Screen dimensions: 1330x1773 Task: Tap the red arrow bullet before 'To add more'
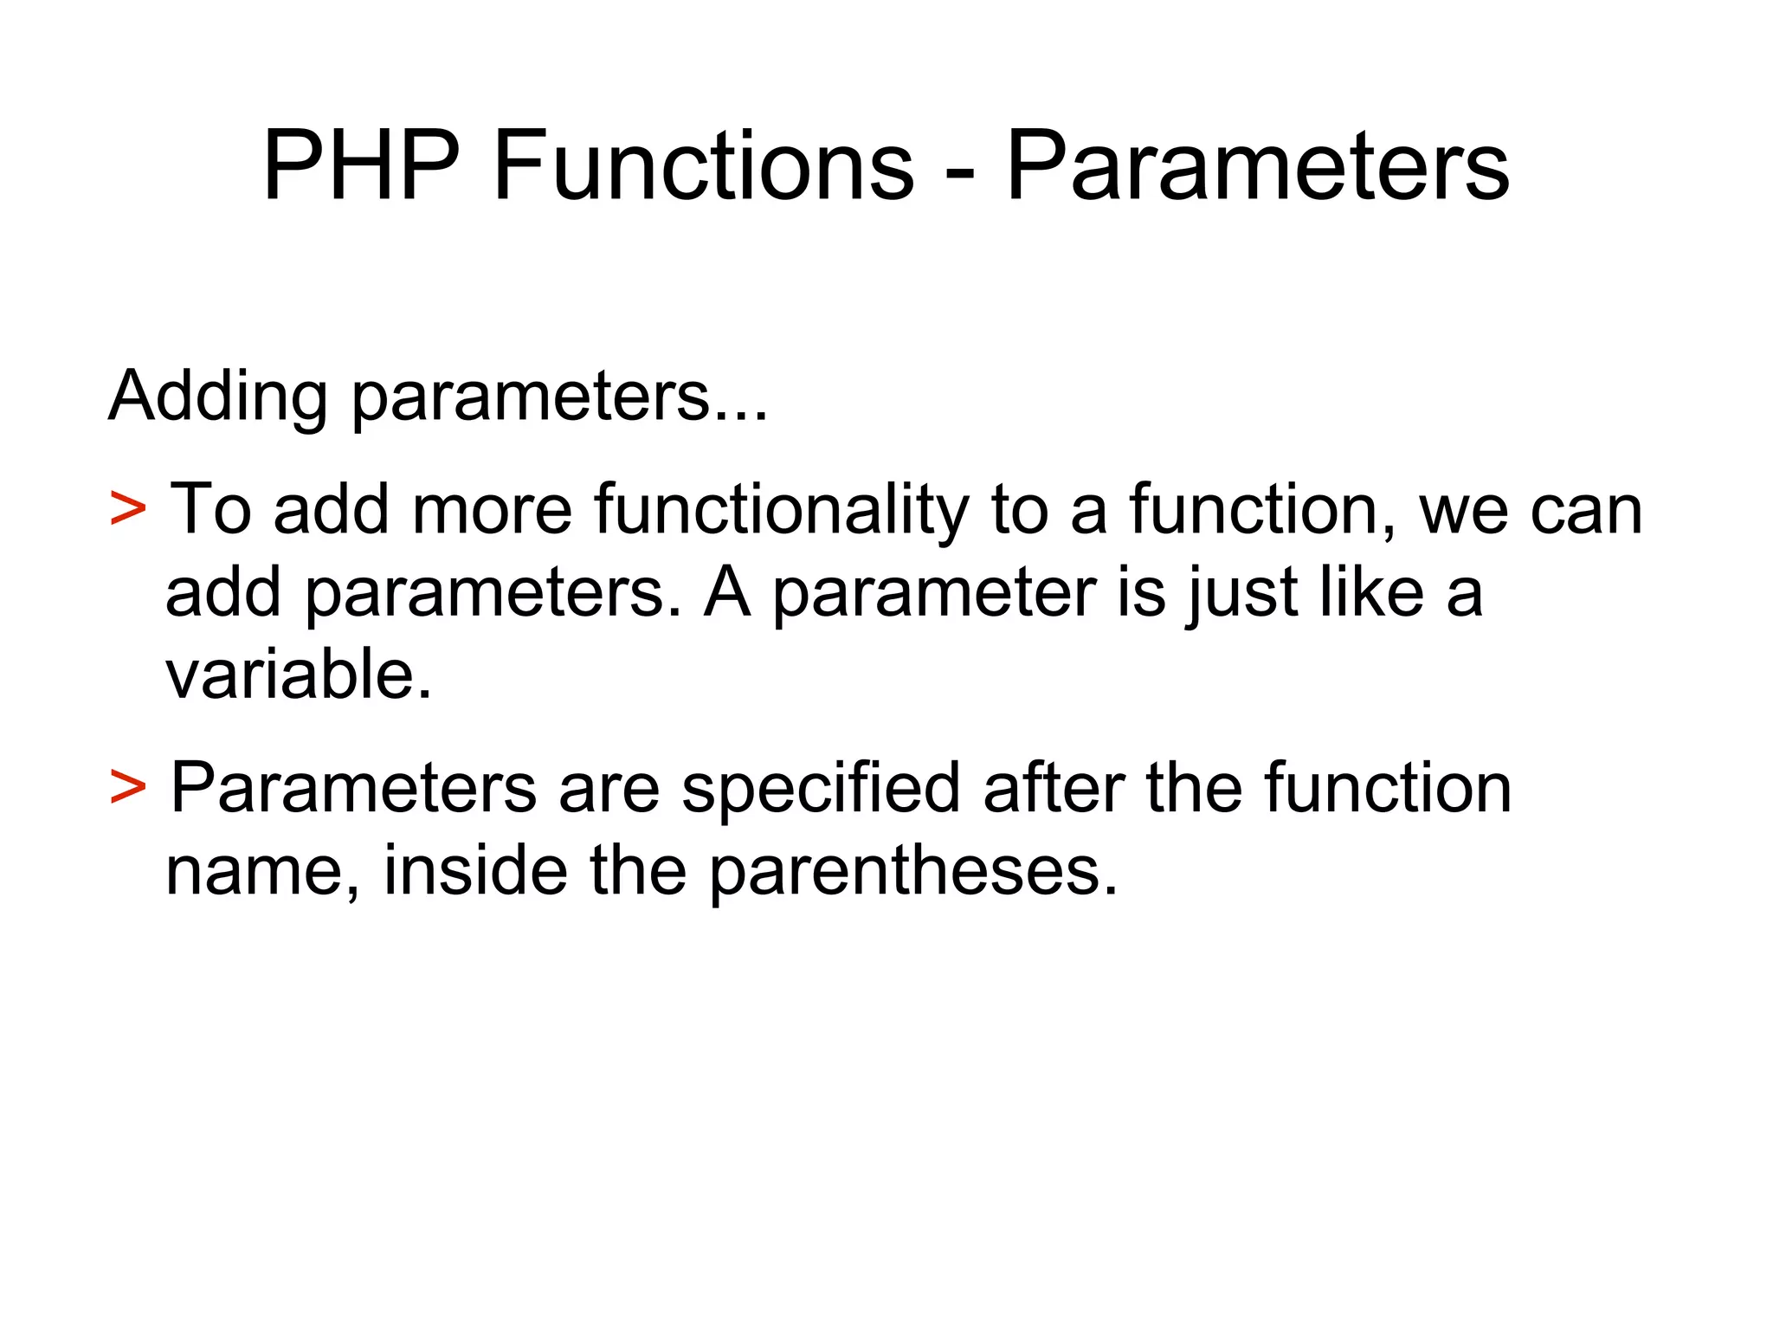click(x=128, y=509)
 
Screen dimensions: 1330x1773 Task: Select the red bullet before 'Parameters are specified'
click(x=128, y=787)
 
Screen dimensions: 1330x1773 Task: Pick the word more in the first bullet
click(x=492, y=511)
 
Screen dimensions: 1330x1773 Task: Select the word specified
click(x=821, y=790)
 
